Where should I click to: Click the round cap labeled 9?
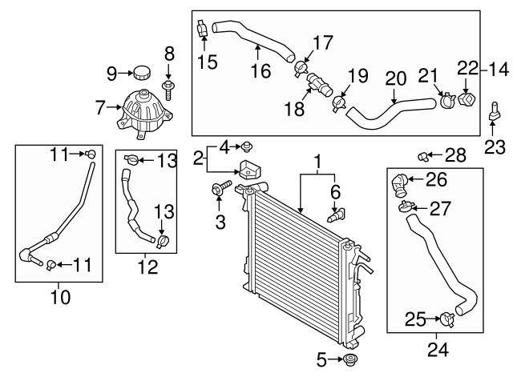pyautogui.click(x=143, y=72)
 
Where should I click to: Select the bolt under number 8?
pyautogui.click(x=168, y=90)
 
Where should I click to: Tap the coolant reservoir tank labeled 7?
pyautogui.click(x=143, y=114)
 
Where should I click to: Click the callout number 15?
pyautogui.click(x=208, y=62)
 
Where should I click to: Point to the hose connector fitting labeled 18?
pyautogui.click(x=319, y=85)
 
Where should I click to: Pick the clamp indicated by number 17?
pyautogui.click(x=301, y=69)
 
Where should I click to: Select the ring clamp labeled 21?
pyautogui.click(x=448, y=99)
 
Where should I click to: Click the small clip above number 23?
pyautogui.click(x=494, y=111)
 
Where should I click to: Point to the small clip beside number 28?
pyautogui.click(x=423, y=157)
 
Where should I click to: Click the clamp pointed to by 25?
pyautogui.click(x=447, y=319)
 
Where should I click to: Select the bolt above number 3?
pyautogui.click(x=221, y=187)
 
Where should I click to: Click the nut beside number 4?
pyautogui.click(x=247, y=147)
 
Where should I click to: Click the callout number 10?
pyautogui.click(x=60, y=298)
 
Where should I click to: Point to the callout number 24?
pyautogui.click(x=438, y=349)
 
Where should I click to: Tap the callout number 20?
pyautogui.click(x=396, y=79)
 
